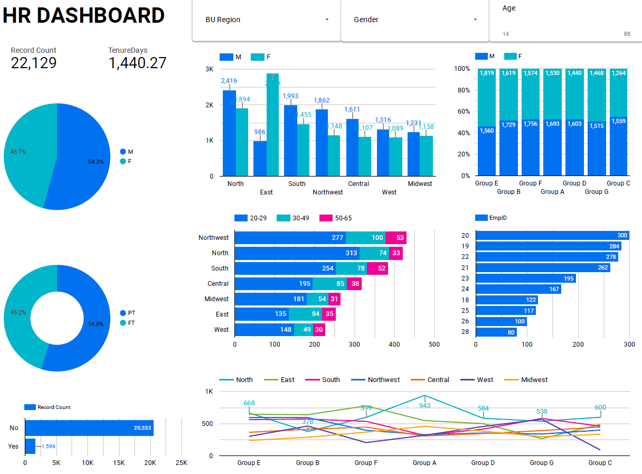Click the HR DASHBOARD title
click(83, 16)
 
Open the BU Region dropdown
click(266, 20)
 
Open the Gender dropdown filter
click(415, 20)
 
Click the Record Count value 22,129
click(34, 63)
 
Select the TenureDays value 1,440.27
click(137, 63)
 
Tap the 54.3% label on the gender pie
click(96, 162)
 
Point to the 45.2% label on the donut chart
click(18, 312)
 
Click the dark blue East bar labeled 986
click(260, 158)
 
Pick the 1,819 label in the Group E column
click(487, 73)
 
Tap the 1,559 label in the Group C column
click(619, 121)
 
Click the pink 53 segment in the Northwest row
click(395, 238)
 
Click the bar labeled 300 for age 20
click(552, 236)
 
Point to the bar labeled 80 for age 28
click(496, 332)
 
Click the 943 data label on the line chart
click(424, 406)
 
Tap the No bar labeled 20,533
click(89, 428)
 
